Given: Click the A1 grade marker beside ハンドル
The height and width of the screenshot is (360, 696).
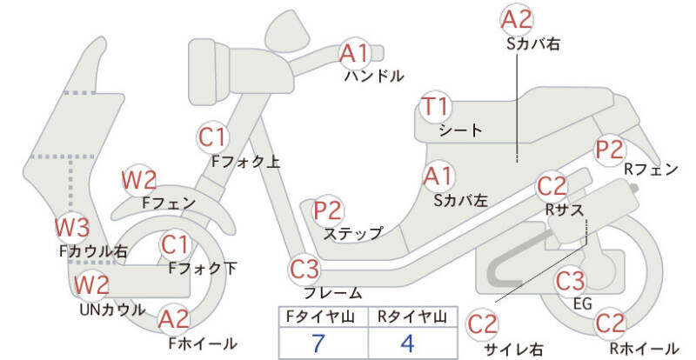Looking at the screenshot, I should [354, 53].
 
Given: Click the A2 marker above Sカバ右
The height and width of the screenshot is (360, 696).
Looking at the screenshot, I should [516, 19].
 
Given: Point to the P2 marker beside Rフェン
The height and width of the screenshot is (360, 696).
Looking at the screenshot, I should [609, 149].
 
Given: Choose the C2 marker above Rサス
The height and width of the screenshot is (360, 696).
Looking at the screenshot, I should [552, 186].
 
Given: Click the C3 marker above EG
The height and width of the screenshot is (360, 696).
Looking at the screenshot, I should [570, 281].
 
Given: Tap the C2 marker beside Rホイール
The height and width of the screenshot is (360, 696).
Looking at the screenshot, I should [610, 323].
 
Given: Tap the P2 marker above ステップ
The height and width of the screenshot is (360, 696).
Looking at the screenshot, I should [328, 210].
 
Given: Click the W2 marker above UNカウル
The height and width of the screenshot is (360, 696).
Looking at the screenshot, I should [91, 284].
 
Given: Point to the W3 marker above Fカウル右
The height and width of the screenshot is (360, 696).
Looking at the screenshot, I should [72, 229].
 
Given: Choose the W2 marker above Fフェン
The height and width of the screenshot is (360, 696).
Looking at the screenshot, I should [139, 180].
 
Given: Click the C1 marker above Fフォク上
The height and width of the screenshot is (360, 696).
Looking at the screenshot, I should [212, 137].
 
